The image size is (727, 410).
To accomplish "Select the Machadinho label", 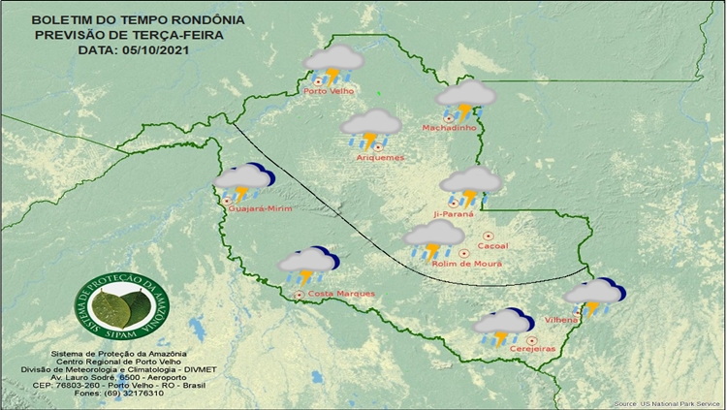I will pos(448,128).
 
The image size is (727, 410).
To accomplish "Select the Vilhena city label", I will pos(562,319).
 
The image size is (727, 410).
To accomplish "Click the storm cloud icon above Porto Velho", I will pos(334,62).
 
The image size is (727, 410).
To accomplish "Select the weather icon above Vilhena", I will pos(595,295).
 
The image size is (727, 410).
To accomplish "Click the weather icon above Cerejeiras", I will pos(503,325).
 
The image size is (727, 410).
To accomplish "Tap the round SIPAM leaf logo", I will pos(122,308).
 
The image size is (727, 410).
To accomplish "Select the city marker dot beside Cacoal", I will pos(488,236).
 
